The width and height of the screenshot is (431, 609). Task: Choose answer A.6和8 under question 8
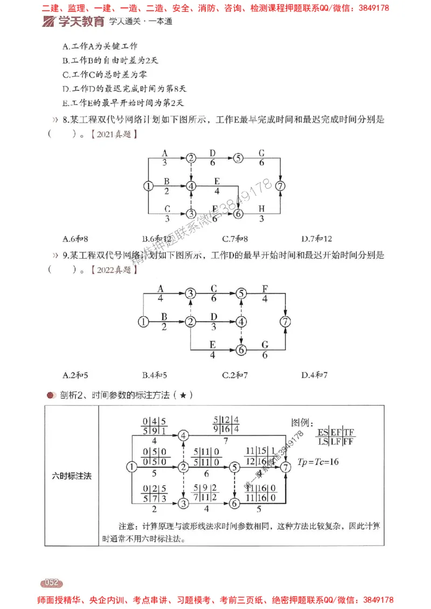tap(75, 238)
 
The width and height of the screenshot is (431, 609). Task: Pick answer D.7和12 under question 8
tap(317, 238)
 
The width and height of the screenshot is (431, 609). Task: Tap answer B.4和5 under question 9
tap(155, 374)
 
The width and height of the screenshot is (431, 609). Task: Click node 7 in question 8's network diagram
tap(280, 186)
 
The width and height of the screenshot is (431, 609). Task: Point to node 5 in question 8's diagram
tap(239, 158)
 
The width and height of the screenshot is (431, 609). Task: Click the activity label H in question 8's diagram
tap(261, 208)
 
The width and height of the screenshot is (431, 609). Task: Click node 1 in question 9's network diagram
tap(143, 322)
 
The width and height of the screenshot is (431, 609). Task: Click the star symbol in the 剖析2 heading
tap(184, 395)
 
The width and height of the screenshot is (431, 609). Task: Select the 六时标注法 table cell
tap(71, 476)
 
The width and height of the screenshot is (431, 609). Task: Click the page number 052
tap(51, 582)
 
